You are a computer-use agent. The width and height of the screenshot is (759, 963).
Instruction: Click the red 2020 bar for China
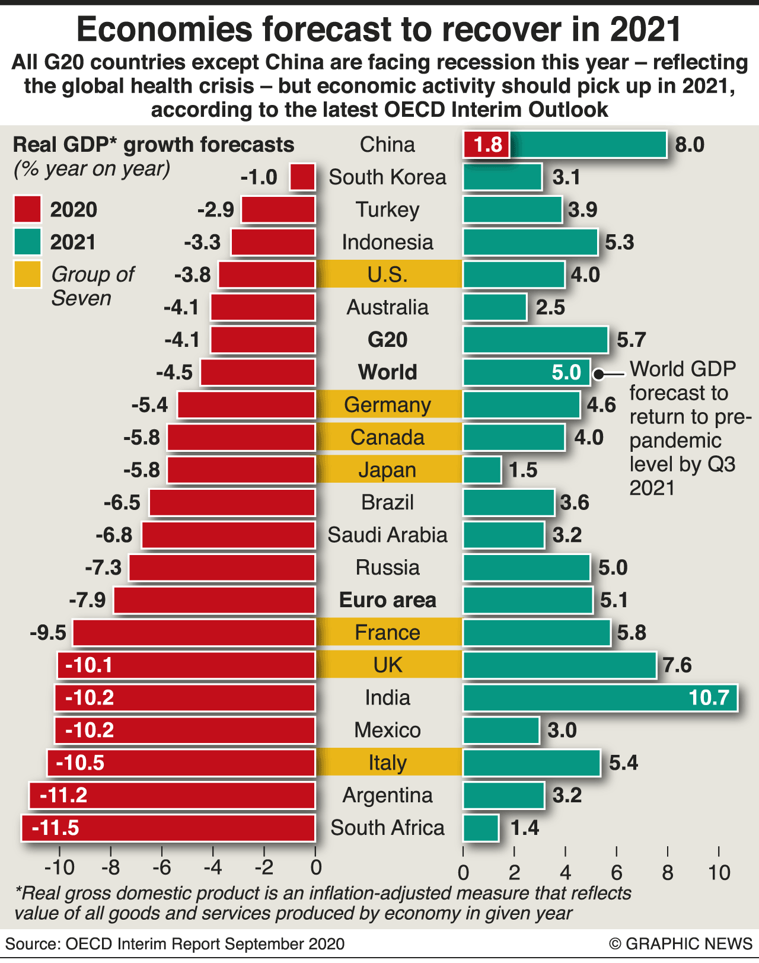486,145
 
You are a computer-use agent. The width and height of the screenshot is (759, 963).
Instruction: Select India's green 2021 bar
599,697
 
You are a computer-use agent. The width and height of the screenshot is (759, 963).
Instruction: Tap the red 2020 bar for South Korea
302,177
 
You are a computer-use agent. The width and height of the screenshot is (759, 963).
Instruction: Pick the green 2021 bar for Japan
482,470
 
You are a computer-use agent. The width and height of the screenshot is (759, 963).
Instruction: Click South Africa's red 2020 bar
168,828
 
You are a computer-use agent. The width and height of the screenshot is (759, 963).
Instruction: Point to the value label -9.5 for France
48,633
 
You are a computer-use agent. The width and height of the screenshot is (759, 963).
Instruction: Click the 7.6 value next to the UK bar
677,665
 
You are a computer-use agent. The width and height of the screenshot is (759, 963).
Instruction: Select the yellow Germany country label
388,405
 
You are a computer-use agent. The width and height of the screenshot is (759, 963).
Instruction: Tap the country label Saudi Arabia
388,535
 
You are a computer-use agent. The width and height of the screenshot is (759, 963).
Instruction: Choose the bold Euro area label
388,600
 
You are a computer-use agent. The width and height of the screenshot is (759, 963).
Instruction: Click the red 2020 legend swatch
27,209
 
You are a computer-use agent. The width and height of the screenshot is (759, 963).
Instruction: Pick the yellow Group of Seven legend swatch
27,275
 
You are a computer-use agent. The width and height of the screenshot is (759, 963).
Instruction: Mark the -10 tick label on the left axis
59,868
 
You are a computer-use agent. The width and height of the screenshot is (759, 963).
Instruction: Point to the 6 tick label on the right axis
617,872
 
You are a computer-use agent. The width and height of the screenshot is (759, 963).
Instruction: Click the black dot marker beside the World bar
599,374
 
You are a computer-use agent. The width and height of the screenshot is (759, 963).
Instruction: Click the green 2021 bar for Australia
495,307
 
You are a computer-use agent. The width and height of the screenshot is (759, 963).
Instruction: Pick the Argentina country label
388,795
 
